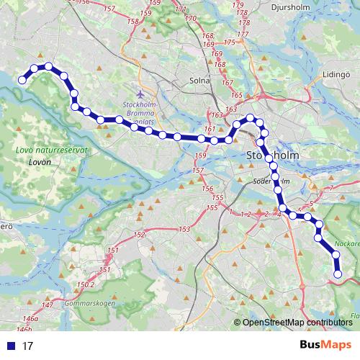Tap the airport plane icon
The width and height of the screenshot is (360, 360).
pyautogui.click(x=140, y=93)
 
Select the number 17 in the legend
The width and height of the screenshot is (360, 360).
pyautogui.click(x=27, y=346)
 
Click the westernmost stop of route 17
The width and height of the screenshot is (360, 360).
pyautogui.click(x=22, y=81)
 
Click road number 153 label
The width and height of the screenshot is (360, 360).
pyautogui.click(x=184, y=229)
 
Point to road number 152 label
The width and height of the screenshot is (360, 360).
pyautogui.click(x=140, y=235)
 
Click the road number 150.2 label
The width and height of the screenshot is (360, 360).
pyautogui.click(x=86, y=285)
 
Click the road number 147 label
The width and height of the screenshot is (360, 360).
pyautogui.click(x=48, y=306)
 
